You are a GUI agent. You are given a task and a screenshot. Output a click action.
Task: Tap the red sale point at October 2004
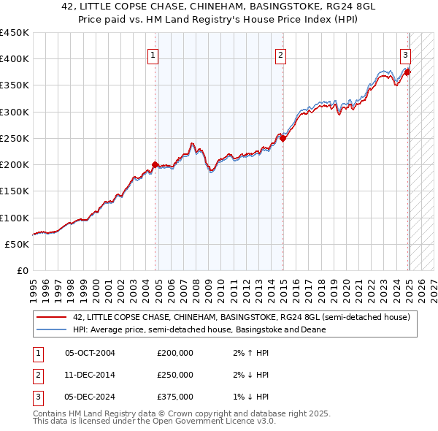click(x=155, y=164)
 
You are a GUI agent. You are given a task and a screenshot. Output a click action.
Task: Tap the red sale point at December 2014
click(x=283, y=138)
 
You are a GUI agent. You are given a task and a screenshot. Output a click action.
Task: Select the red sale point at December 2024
click(x=407, y=72)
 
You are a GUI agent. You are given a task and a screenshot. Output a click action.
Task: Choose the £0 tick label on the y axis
click(x=23, y=270)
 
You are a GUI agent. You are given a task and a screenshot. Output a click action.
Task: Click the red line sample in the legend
click(x=52, y=317)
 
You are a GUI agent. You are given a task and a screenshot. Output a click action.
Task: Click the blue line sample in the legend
click(x=52, y=329)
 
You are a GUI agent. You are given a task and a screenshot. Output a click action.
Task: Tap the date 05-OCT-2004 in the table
click(x=90, y=354)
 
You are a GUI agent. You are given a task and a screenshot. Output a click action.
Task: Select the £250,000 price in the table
click(x=175, y=375)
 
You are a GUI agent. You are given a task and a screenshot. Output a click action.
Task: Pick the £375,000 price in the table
click(x=175, y=397)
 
